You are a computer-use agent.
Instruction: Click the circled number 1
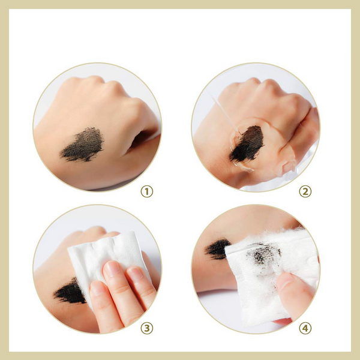pyautogui.click(x=147, y=191)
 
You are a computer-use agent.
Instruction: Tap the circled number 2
pyautogui.click(x=305, y=191)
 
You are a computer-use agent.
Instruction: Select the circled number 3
pyautogui.click(x=147, y=328)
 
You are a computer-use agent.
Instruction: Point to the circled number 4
pyautogui.click(x=305, y=328)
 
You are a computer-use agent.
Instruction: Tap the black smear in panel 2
pyautogui.click(x=247, y=143)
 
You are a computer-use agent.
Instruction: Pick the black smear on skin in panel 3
pyautogui.click(x=70, y=292)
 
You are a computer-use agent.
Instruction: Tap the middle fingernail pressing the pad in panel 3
pyautogui.click(x=112, y=269)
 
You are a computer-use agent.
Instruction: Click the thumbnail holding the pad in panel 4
pyautogui.click(x=284, y=282)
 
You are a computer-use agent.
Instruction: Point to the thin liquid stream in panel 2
pyautogui.click(x=226, y=115)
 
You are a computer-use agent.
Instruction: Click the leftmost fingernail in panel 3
pyautogui.click(x=97, y=289)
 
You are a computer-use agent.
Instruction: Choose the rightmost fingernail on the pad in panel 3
pyautogui.click(x=136, y=274)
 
